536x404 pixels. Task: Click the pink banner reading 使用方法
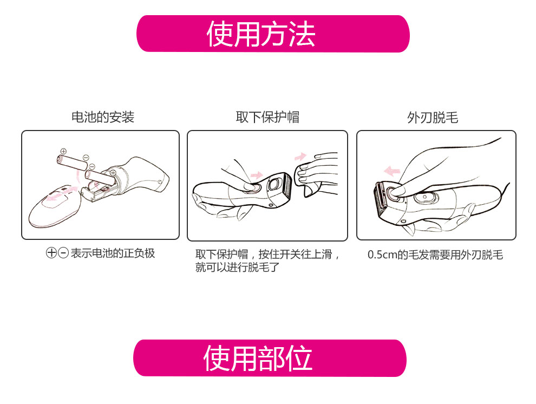point(273,34)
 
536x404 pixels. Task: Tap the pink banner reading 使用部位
point(270,358)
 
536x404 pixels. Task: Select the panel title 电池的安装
point(102,117)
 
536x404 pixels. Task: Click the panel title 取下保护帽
point(267,117)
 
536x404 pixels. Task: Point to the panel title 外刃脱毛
point(433,118)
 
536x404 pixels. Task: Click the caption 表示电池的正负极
point(113,253)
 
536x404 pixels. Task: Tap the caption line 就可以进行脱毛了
point(238,267)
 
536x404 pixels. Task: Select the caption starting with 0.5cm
point(435,255)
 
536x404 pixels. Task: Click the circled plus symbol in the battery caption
point(51,253)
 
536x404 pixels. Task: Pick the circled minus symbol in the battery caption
point(63,253)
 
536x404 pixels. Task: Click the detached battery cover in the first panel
point(55,206)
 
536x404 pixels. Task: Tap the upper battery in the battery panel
point(72,162)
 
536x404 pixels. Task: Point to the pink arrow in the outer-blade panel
point(392,170)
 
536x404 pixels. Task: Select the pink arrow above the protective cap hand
point(300,157)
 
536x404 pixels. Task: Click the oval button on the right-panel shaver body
point(424,198)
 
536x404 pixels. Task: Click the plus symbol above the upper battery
point(63,151)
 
